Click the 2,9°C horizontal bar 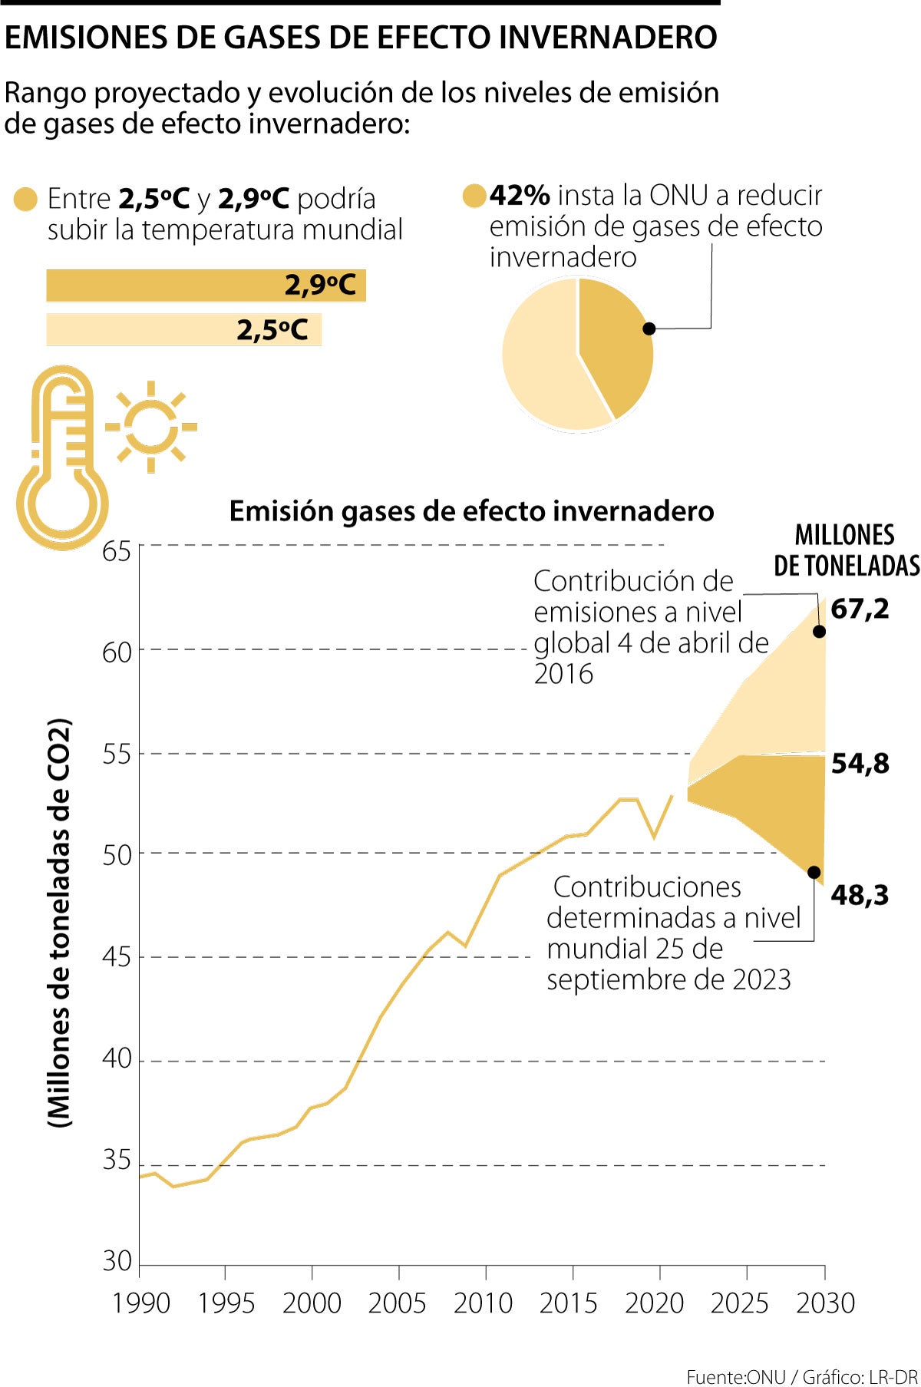(x=206, y=286)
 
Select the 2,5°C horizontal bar (x=184, y=330)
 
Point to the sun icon (x=151, y=427)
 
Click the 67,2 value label (x=860, y=609)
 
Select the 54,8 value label (x=860, y=763)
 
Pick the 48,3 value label (x=860, y=894)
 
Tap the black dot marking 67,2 (x=819, y=632)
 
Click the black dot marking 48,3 (x=814, y=873)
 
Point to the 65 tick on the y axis (x=117, y=551)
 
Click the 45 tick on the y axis (x=117, y=957)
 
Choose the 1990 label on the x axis (x=140, y=1303)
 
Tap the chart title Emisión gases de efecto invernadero (x=471, y=511)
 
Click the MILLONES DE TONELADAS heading (x=846, y=550)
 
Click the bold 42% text (x=520, y=196)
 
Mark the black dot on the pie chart (x=649, y=329)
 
